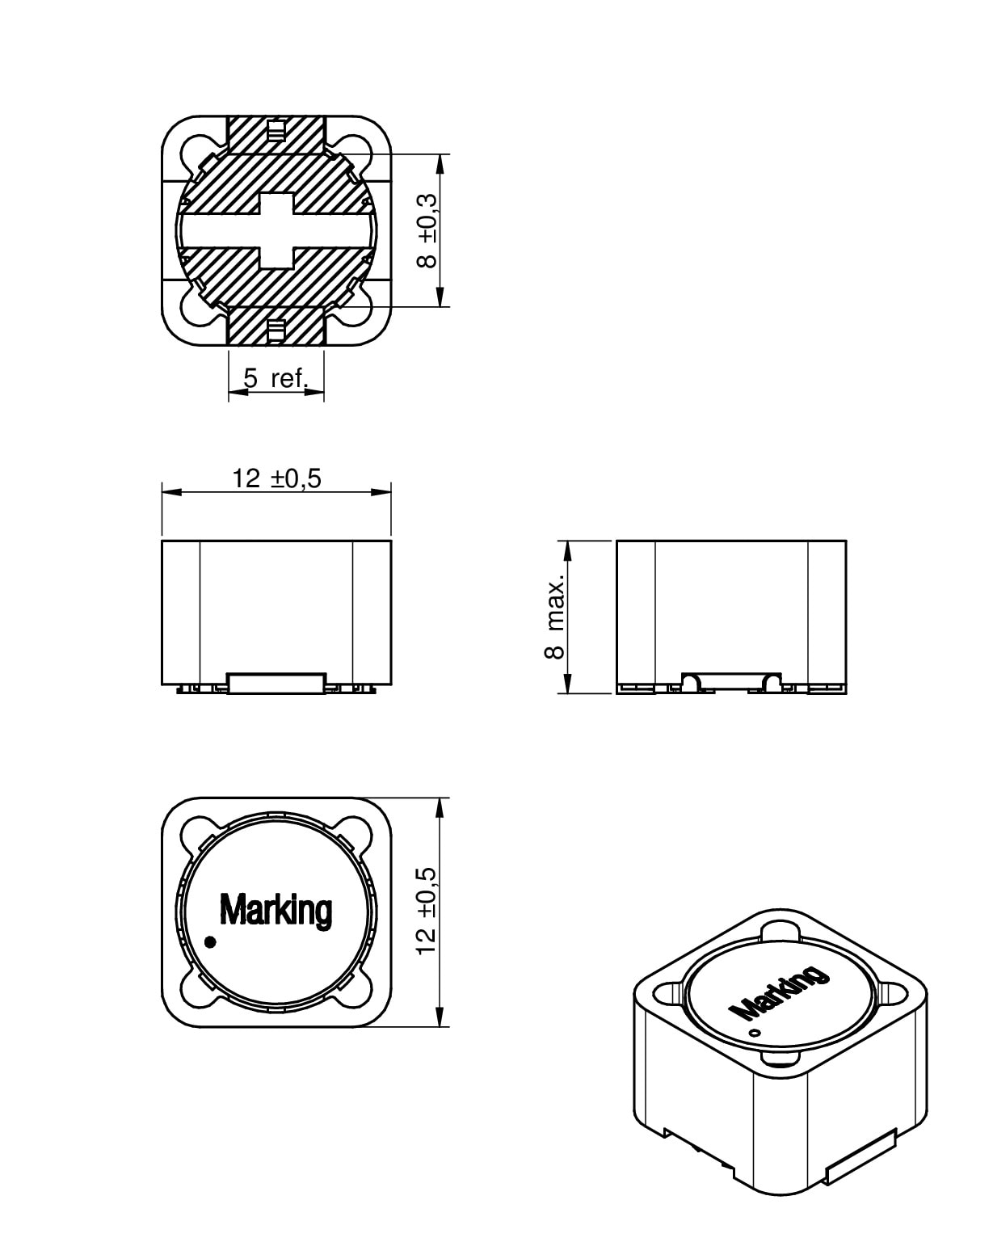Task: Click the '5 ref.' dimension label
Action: [276, 378]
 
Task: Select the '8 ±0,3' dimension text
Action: [427, 230]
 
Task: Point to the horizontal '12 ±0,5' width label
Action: [276, 478]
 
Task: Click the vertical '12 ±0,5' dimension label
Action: [426, 911]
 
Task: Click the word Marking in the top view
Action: [276, 910]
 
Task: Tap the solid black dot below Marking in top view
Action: [212, 941]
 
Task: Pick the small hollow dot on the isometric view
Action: [755, 1034]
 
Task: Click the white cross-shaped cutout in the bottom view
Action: [276, 230]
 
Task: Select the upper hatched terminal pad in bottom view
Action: [276, 135]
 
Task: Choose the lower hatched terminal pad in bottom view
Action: [276, 326]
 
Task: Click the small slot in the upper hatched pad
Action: [276, 132]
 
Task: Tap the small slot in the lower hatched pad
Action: [276, 329]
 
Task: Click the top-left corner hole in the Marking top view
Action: [195, 832]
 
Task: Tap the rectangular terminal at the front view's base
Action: [276, 683]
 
